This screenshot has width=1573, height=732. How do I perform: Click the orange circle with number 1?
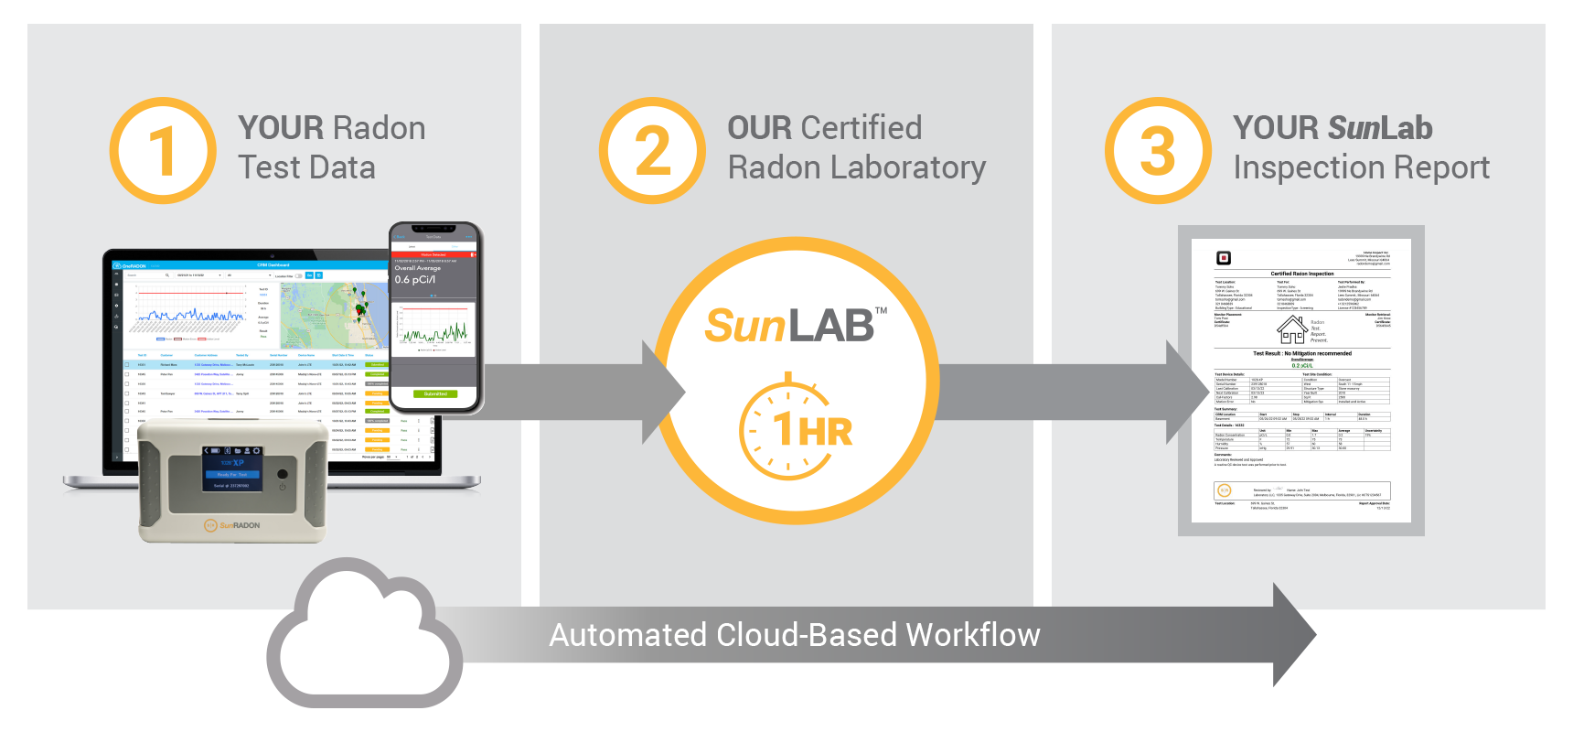coord(163,151)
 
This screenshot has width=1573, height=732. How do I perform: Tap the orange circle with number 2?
coord(652,151)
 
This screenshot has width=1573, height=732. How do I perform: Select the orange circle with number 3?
coord(1158,151)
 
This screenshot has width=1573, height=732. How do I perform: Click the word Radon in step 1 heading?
coord(378,128)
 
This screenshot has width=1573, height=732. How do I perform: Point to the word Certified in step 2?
coord(861,128)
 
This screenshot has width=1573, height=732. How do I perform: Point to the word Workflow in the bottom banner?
coord(973,635)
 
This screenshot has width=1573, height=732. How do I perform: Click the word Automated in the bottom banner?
coord(627,635)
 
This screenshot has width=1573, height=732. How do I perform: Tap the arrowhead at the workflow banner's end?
coord(1293,635)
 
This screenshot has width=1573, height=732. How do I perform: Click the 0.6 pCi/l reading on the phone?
coord(415,280)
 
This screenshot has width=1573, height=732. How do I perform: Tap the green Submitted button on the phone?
coord(435,394)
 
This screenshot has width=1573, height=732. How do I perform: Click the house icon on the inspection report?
coord(1291,328)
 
